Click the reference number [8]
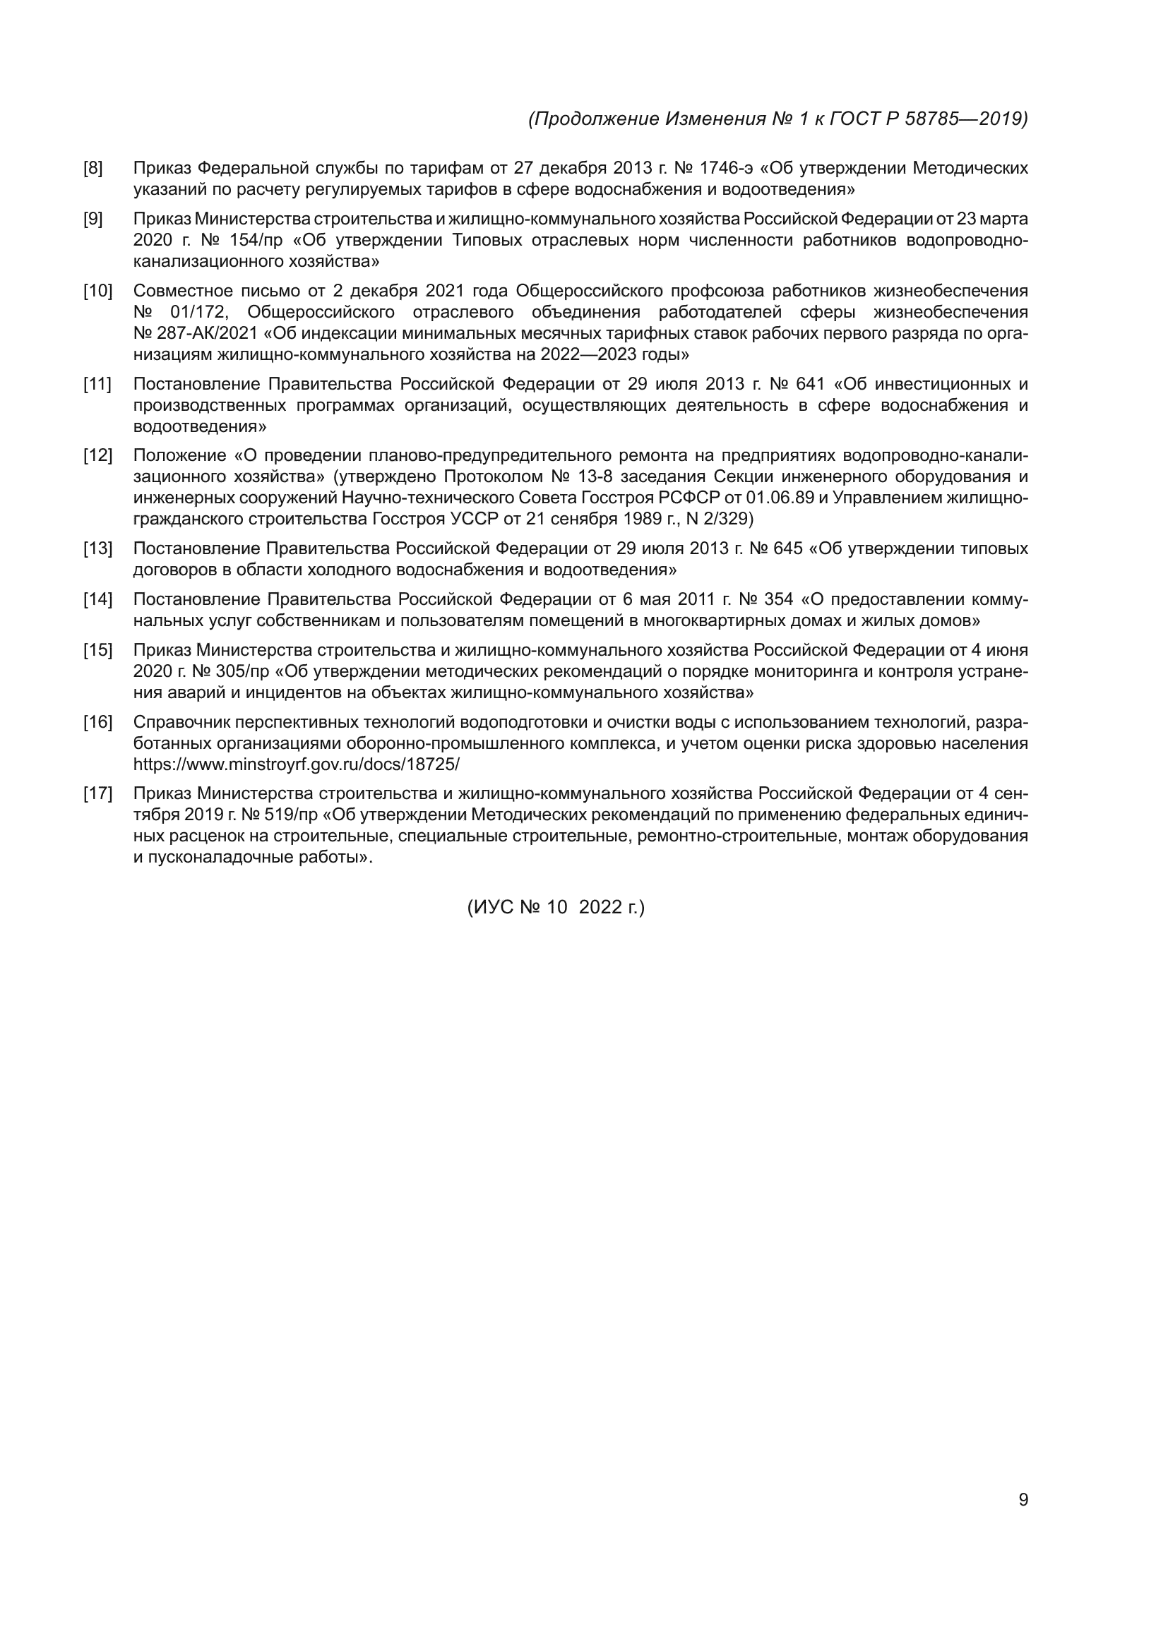pos(93,168)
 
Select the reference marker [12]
pos(98,455)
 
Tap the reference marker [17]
pos(98,793)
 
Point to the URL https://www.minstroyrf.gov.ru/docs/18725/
pos(297,764)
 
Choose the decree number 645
pos(787,548)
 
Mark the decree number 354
pos(778,599)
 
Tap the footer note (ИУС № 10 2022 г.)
pos(556,908)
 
